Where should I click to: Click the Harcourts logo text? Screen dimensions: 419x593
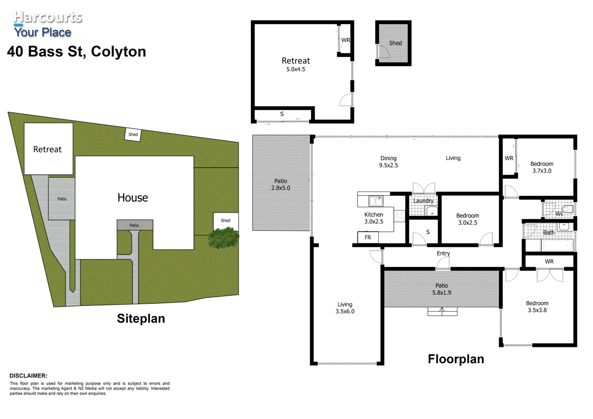pos(48,17)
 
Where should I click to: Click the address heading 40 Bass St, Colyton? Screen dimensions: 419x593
pos(76,52)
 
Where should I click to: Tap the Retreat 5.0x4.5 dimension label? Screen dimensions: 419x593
pos(296,69)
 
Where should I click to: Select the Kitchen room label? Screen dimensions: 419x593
pos(373,215)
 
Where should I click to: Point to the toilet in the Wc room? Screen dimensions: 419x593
pos(567,209)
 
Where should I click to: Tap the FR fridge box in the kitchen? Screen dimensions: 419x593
pos(368,237)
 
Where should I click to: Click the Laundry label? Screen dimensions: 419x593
pos(423,201)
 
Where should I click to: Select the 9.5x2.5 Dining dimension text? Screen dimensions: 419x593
pos(388,165)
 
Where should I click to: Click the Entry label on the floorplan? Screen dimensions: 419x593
pos(443,253)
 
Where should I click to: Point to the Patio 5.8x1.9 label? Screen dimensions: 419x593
pos(442,289)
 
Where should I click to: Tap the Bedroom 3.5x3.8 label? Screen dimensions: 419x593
pos(537,306)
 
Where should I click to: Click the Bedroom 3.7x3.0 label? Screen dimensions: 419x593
pos(542,167)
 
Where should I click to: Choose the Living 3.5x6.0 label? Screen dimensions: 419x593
pos(345,308)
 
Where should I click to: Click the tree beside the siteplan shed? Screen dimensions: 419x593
pos(224,238)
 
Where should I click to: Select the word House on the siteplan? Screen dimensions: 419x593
pos(133,198)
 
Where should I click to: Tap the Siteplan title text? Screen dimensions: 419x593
pos(141,319)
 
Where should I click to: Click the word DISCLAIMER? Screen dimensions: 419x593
pos(28,376)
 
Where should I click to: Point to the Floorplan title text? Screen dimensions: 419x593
pos(456,359)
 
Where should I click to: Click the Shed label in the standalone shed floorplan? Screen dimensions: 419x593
pos(395,43)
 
